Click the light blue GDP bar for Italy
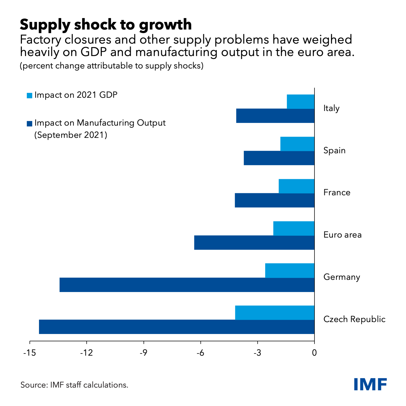point(300,101)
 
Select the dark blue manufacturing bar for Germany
point(187,285)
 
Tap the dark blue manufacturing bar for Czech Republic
point(176,327)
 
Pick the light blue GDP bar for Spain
point(297,144)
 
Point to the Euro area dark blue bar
point(254,243)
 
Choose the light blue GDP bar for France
point(296,186)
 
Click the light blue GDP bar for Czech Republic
point(275,313)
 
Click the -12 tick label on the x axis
point(86,353)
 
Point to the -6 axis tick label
point(200,353)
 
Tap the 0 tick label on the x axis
point(314,353)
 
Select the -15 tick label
point(30,353)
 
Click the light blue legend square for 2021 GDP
point(30,96)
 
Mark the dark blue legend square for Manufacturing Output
point(30,124)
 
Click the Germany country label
point(342,277)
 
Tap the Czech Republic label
point(354,319)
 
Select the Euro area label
point(343,235)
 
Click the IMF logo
point(371,384)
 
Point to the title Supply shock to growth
point(106,25)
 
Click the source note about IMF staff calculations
point(74,385)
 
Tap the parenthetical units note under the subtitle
point(112,66)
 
